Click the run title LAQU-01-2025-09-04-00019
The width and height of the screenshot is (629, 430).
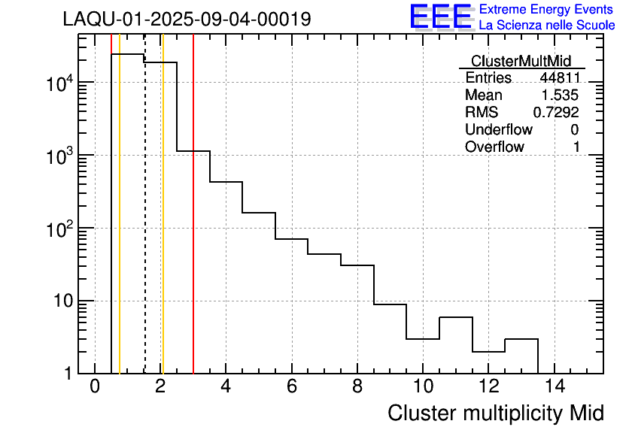(x=187, y=20)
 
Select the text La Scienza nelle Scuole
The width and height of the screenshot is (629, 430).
(x=547, y=26)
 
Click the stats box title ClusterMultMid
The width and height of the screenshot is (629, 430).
(x=521, y=61)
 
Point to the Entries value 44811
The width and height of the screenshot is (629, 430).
(x=559, y=78)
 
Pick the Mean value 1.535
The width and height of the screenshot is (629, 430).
(x=561, y=95)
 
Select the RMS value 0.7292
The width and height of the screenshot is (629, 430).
(x=557, y=113)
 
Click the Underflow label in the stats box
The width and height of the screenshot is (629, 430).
(x=499, y=130)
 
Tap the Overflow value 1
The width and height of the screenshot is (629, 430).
(x=576, y=147)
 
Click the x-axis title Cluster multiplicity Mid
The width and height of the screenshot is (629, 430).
(x=495, y=413)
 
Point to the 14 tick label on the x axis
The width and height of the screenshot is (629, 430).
(x=554, y=388)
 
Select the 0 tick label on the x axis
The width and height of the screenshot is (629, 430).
(x=95, y=388)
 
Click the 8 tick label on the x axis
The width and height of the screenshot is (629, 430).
(x=357, y=388)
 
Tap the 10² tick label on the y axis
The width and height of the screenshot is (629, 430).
(x=58, y=229)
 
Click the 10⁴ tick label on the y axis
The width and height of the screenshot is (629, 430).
(x=58, y=83)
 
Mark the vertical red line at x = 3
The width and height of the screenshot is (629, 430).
(x=193, y=226)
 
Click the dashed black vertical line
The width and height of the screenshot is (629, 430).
(x=144, y=226)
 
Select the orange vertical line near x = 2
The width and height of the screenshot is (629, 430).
(x=163, y=226)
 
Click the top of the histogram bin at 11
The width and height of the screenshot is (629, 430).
(x=456, y=317)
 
